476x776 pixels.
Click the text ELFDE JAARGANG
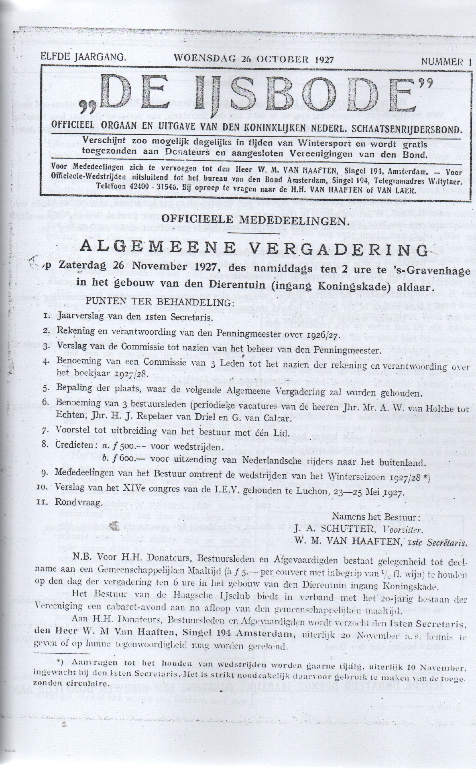(83, 58)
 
